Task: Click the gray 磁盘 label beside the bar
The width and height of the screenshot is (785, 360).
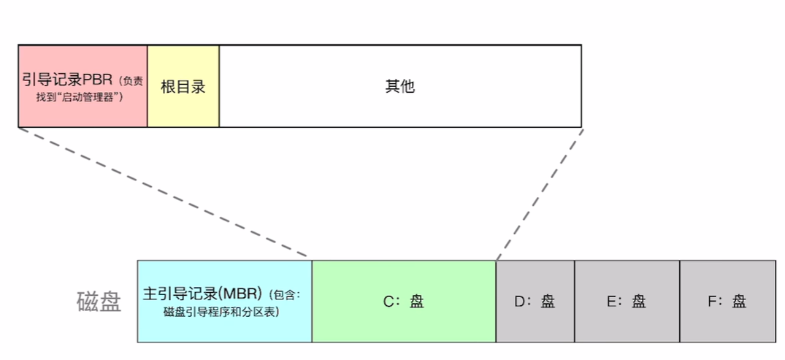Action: pos(99,302)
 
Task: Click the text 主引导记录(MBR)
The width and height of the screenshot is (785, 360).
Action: pos(204,294)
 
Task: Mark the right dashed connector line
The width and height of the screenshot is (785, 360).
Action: pos(540,194)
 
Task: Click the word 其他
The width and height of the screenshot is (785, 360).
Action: pos(399,86)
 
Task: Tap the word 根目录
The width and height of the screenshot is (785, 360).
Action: pos(183,87)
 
